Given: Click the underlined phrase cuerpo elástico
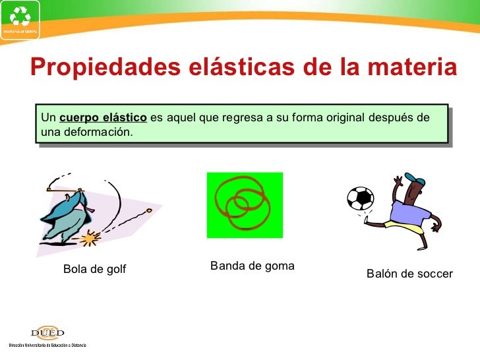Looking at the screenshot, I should coord(103,118).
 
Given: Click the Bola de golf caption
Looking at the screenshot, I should coord(94,269).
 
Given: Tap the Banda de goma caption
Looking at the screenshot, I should coord(252,266).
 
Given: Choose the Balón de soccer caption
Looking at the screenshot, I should coord(409,274).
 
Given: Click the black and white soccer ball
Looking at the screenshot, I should coord(360,198).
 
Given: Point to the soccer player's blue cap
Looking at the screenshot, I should coord(413,179).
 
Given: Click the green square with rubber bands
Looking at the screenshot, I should coord(245,205).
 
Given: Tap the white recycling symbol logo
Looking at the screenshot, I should coord(20,16).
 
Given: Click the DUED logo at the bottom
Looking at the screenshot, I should coord(47,333).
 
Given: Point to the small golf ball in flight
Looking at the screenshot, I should coord(150,212).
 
